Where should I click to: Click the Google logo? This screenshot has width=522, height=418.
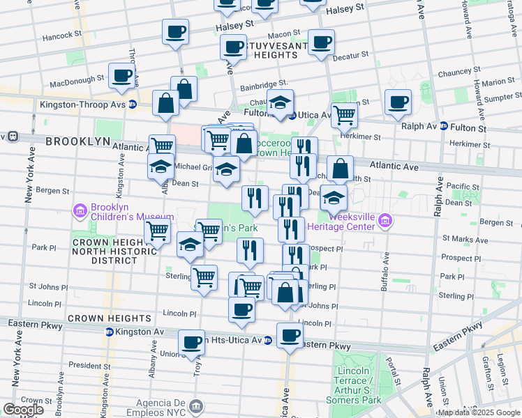(23, 410)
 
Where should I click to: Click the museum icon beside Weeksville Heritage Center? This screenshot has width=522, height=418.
(384, 222)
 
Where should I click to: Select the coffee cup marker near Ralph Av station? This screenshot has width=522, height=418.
(398, 102)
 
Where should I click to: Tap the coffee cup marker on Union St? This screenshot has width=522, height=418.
(191, 342)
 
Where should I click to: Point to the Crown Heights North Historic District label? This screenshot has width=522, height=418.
(105, 251)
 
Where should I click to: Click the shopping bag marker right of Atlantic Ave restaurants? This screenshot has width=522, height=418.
(340, 169)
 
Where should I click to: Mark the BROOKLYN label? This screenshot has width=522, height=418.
(78, 141)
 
